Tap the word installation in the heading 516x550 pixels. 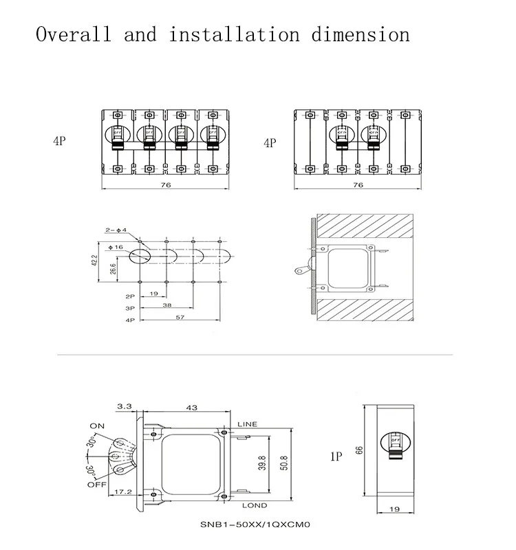point(234,34)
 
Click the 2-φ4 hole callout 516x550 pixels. point(116,230)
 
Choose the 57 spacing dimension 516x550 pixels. point(180,318)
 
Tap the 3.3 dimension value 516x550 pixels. point(125,407)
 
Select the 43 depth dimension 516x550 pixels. point(191,408)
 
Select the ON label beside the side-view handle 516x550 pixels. point(97,426)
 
